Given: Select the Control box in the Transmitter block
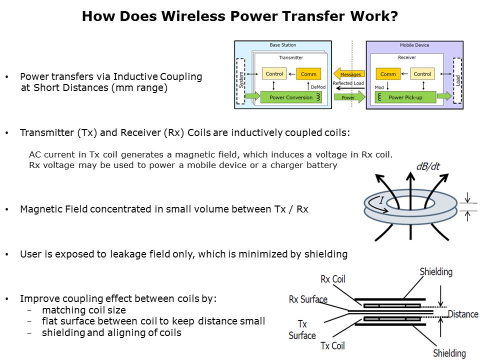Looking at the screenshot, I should coord(274,74).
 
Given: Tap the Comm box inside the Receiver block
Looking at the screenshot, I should coord(388,74).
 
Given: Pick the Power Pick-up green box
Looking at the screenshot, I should coord(405,97).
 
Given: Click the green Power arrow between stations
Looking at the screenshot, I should coord(349,97).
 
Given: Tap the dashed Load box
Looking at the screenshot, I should coord(457,80).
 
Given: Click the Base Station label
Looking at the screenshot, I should coord(282,45).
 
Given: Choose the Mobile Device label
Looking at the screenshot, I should coord(414,45).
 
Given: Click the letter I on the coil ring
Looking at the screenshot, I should coord(381,200).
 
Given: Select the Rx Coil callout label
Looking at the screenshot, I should coord(332,279).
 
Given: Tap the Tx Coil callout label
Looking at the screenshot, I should coord(332,345).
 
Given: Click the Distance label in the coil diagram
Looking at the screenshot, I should coord(462,314).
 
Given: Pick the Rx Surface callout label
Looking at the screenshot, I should coord(308,299).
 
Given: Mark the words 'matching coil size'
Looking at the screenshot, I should coord(84,310).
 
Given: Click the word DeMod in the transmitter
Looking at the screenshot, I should coord(318,87).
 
